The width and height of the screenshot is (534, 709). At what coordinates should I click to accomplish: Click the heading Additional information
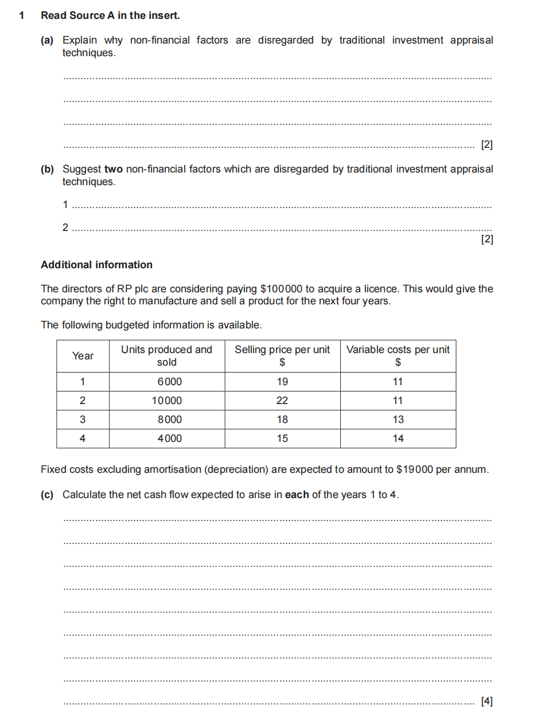click(96, 265)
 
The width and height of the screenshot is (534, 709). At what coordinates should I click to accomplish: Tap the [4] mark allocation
click(487, 700)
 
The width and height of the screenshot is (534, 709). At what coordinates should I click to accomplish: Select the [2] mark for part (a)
click(487, 145)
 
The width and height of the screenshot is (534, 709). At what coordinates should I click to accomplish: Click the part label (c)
click(47, 495)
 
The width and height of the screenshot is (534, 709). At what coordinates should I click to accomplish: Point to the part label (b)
click(47, 169)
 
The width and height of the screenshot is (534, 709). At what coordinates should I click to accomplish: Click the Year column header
click(83, 356)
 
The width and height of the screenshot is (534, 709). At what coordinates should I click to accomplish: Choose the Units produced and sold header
click(166, 356)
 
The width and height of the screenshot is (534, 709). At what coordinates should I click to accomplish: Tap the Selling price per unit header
click(282, 356)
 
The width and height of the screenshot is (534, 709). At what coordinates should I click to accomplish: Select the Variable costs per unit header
click(398, 356)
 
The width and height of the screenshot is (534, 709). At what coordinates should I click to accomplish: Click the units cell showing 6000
click(169, 382)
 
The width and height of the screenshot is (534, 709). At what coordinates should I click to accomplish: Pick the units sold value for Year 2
click(167, 401)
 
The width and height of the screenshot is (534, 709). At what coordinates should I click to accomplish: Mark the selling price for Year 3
click(282, 420)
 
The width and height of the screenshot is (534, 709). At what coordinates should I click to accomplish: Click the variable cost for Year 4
click(398, 438)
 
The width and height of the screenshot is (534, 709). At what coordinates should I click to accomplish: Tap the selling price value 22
click(282, 401)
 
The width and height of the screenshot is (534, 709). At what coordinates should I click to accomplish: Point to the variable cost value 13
click(398, 420)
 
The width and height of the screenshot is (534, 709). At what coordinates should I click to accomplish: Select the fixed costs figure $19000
click(415, 470)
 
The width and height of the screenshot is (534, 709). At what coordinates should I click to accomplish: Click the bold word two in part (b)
click(114, 169)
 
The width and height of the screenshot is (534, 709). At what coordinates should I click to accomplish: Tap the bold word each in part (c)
click(297, 495)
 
